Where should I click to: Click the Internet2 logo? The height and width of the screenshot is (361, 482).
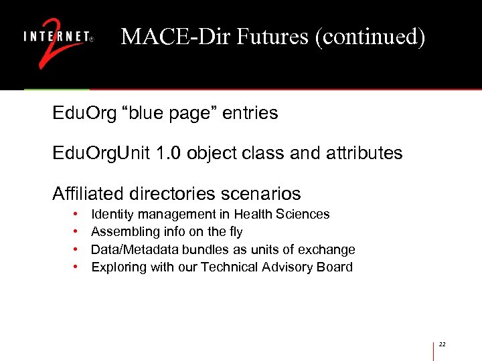click(x=59, y=41)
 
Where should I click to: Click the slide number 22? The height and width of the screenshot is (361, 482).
click(x=442, y=344)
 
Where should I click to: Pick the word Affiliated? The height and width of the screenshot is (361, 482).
click(x=87, y=194)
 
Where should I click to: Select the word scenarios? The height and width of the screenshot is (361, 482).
click(x=262, y=194)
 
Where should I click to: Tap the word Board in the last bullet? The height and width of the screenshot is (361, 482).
click(x=335, y=267)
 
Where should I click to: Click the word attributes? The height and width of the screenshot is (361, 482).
click(x=367, y=154)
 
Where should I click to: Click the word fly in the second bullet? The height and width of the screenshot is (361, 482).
click(x=235, y=232)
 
